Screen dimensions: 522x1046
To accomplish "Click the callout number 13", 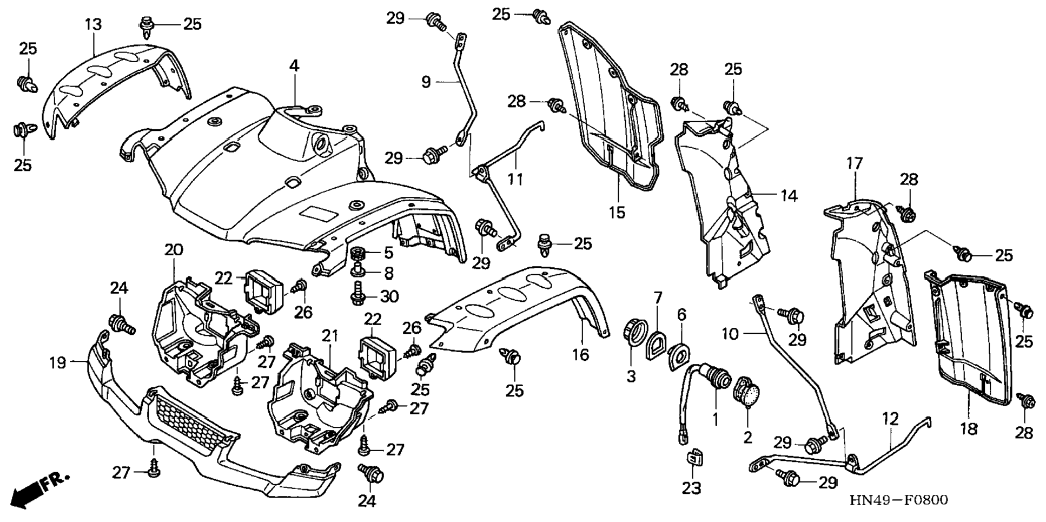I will (93, 24).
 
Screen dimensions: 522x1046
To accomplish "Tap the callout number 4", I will (294, 66).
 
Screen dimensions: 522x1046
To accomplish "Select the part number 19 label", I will (57, 362).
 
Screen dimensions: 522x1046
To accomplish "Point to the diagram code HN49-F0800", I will (898, 500).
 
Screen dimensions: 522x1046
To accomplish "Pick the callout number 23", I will (691, 488).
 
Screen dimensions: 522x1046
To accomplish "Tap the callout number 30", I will (389, 296).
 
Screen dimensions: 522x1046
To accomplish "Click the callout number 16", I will (581, 355).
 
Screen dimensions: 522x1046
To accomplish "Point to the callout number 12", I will (890, 419).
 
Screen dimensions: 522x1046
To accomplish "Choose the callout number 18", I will (969, 429).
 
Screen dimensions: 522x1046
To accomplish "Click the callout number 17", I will (855, 163).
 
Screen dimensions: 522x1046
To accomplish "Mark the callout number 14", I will (789, 195).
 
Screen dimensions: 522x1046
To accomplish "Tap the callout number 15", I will (617, 212).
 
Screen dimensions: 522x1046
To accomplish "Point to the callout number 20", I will (174, 250).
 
